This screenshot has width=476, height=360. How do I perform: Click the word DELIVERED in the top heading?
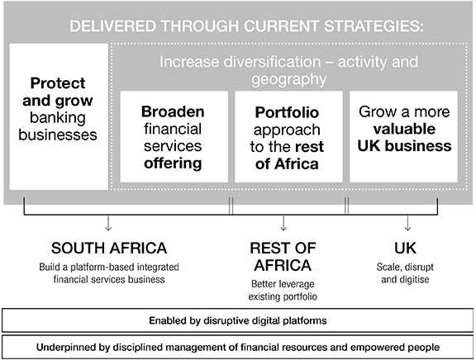112,26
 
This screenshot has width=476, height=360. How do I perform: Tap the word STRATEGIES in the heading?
373,26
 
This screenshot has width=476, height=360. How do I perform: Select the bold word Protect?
58,83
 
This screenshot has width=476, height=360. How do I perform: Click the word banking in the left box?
58,118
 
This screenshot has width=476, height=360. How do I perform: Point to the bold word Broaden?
173,111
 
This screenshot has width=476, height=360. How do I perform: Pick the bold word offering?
173,163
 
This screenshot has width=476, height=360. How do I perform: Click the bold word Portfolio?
287,112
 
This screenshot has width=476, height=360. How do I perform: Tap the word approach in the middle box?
287,130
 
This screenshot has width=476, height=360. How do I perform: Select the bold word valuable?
404,129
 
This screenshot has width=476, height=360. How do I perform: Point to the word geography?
288,80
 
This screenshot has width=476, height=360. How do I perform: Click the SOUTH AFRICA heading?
109,248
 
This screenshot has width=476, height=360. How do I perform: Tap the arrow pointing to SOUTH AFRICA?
108,223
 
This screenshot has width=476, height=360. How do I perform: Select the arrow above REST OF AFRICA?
283,223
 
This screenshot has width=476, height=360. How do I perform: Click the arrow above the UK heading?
407,223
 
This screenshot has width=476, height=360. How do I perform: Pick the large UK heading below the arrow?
405,248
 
